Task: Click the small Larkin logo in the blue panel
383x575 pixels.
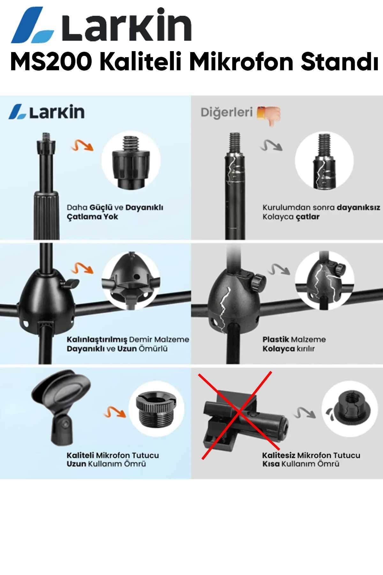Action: [47, 112]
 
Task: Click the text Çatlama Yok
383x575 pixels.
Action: [92, 217]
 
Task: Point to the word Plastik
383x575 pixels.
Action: [276, 339]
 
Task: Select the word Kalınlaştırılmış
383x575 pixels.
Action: [97, 340]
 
